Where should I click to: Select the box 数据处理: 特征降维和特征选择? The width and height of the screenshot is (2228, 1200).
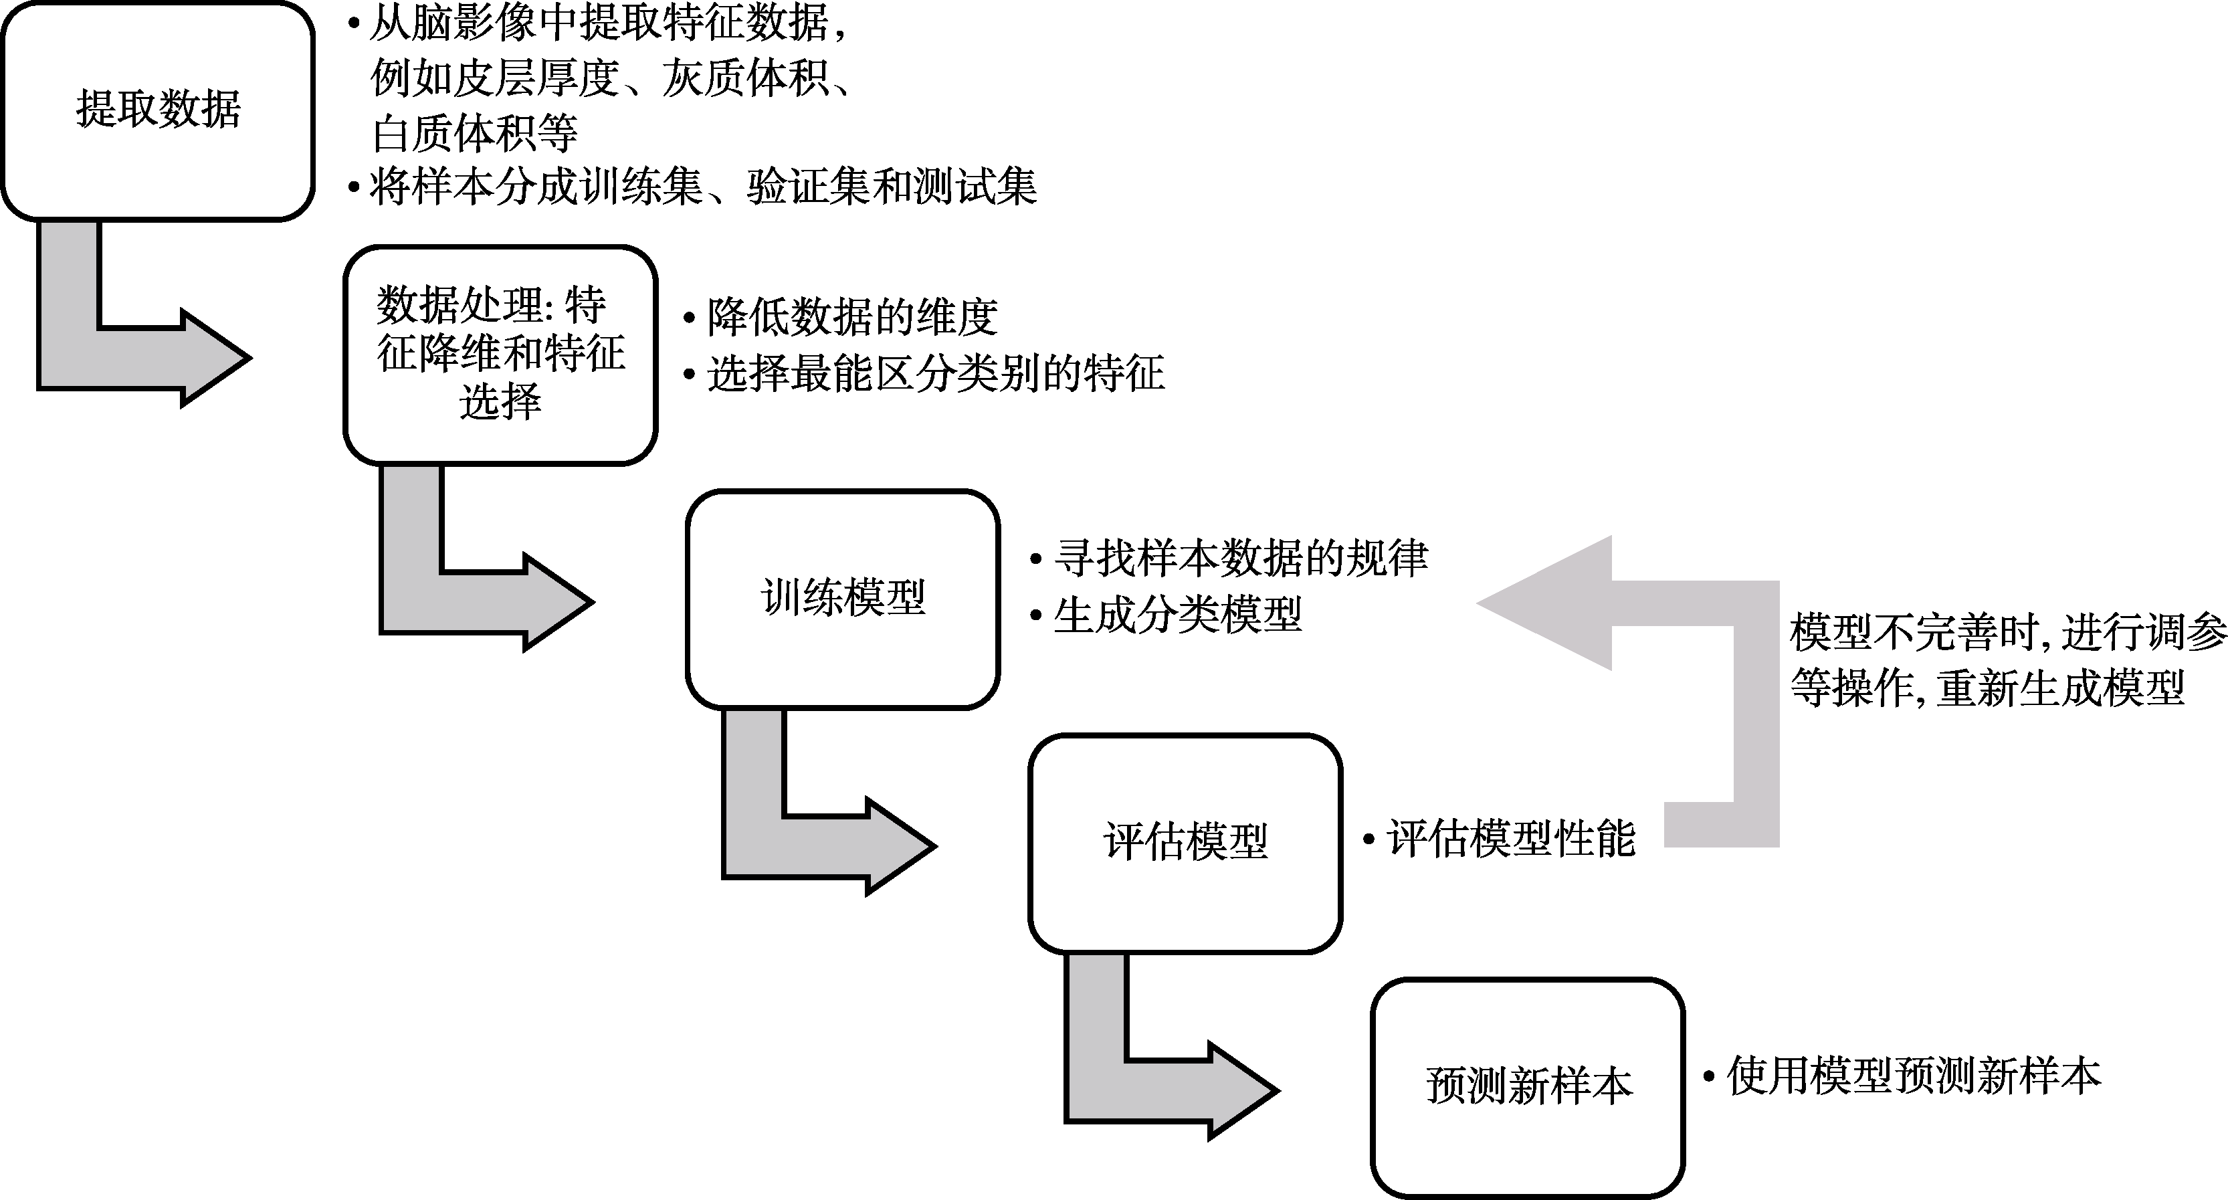click(500, 355)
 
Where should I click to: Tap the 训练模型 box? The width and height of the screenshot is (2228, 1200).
click(842, 599)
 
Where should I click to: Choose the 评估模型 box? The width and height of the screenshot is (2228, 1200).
click(1185, 843)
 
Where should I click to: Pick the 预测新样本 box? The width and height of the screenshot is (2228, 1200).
click(1528, 1087)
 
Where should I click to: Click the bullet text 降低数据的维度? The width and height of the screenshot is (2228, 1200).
click(852, 318)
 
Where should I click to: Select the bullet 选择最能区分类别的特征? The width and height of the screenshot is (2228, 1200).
click(935, 374)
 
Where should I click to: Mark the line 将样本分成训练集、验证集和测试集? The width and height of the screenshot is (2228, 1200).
click(702, 187)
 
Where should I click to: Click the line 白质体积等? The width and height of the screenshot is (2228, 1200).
click(474, 134)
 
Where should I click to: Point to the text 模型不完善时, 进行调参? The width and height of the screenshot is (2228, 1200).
click(2007, 633)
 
